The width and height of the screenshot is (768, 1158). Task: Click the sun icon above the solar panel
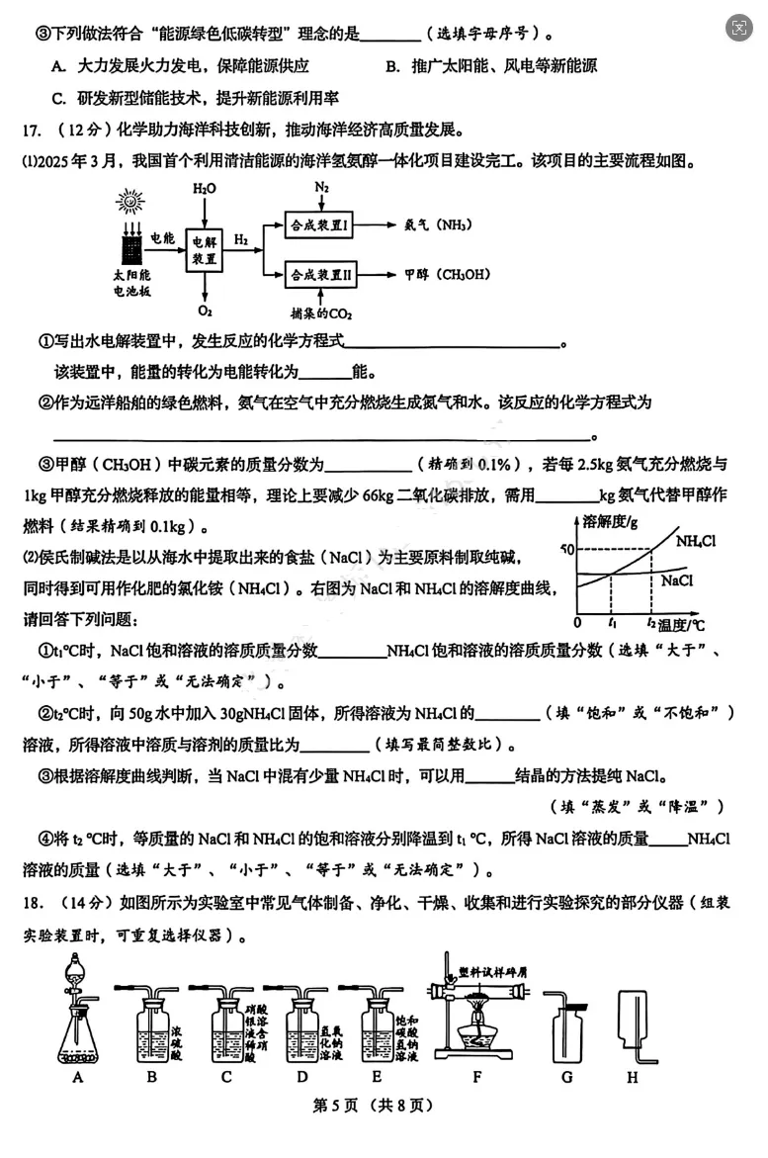click(x=129, y=203)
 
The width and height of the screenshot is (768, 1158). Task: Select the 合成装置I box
click(x=320, y=225)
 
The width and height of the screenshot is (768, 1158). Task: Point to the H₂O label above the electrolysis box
click(x=204, y=188)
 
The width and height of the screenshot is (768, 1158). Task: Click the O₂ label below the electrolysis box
click(x=204, y=310)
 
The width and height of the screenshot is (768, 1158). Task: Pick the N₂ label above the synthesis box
click(x=321, y=187)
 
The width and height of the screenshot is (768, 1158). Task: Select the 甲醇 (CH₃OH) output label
click(x=447, y=275)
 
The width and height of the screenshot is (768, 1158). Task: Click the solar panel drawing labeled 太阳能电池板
click(x=129, y=241)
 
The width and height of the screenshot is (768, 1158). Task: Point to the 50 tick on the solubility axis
click(x=566, y=548)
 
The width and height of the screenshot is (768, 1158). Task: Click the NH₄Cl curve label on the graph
click(x=696, y=541)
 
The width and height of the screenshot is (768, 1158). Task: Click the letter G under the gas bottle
click(x=566, y=1077)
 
